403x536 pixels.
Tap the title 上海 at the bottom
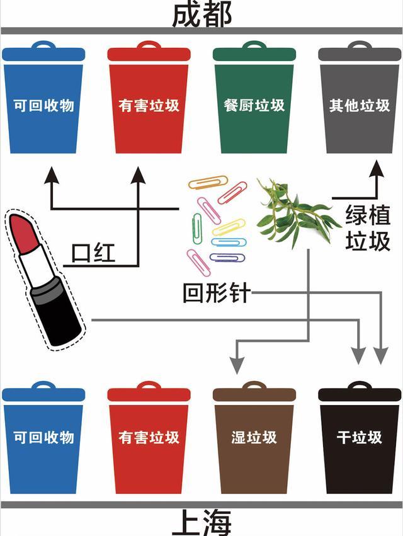point(201,523)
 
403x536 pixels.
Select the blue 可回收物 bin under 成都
point(43,104)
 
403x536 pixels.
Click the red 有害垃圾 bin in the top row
point(149,104)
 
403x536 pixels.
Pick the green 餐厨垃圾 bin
point(254,104)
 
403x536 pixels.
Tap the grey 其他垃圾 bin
point(360,104)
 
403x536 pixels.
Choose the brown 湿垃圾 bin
point(254,441)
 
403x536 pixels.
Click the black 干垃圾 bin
point(360,441)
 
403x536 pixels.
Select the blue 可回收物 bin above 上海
point(43,441)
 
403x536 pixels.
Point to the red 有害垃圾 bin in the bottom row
point(149,441)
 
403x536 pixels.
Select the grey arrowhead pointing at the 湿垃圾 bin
point(237,363)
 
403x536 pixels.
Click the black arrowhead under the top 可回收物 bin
point(51,174)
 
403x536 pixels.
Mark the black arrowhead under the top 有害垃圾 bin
point(139,174)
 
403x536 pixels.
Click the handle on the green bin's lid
point(254,45)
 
